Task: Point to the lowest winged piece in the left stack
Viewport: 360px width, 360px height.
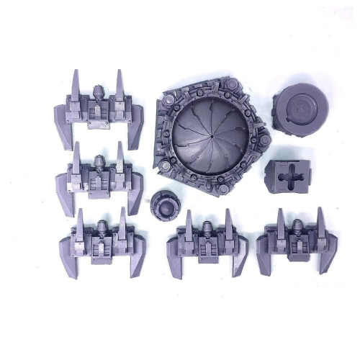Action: tap(100, 243)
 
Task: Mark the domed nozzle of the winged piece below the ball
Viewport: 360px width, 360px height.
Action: tap(207, 230)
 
